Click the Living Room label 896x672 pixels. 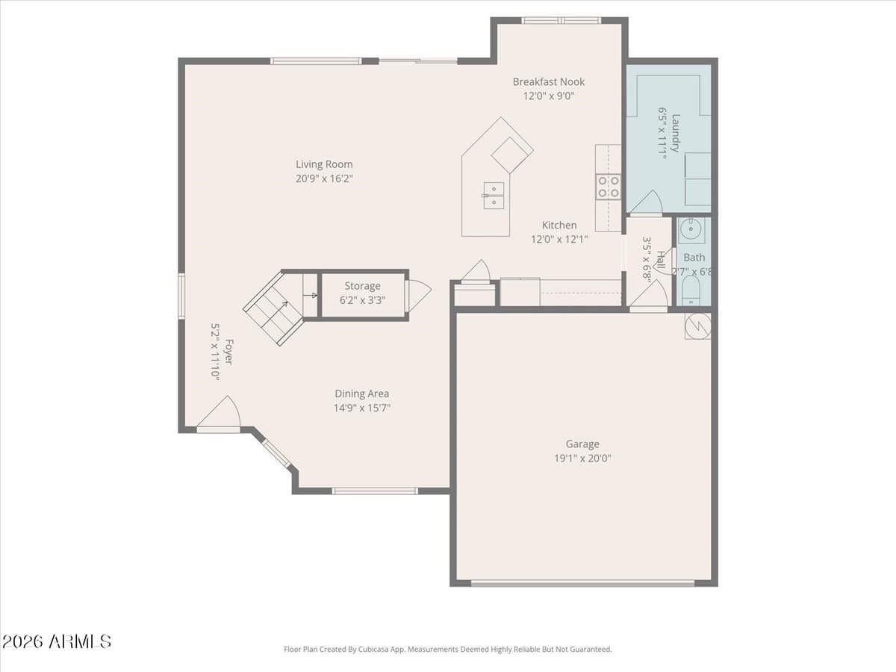point(324,164)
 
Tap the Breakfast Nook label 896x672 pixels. point(548,82)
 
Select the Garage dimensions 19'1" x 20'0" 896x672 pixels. point(582,458)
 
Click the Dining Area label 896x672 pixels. point(361,393)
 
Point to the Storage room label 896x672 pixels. point(362,286)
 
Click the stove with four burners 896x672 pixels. point(608,187)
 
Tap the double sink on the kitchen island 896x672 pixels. point(493,196)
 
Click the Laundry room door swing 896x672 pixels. point(647,204)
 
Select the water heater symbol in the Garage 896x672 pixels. point(697,326)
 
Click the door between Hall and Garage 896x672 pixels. point(648,297)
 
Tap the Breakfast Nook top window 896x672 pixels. point(560,20)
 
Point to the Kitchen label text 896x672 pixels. point(559,225)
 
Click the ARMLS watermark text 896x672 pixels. point(57,641)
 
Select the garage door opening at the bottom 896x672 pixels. point(582,583)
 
